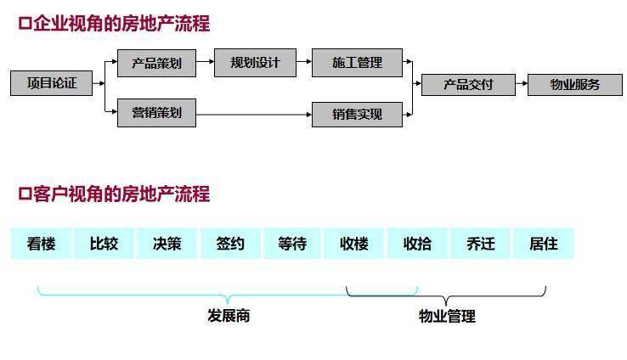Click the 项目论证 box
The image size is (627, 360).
51,83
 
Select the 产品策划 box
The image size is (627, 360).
156,63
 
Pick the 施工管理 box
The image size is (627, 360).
357,63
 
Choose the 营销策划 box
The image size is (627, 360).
156,113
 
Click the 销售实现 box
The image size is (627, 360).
357,114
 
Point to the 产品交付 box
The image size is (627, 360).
468,84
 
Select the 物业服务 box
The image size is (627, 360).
574,84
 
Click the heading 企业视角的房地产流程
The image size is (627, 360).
114,24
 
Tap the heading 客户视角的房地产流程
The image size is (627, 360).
114,194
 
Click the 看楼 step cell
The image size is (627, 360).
41,244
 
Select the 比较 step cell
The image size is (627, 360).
104,244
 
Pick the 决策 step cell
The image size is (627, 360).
167,244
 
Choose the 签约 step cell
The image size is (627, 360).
229,244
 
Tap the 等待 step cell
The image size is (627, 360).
292,244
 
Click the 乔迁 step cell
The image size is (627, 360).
480,244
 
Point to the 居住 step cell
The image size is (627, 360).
543,244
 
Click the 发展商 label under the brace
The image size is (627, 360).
229,316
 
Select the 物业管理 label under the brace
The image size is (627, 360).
447,317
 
